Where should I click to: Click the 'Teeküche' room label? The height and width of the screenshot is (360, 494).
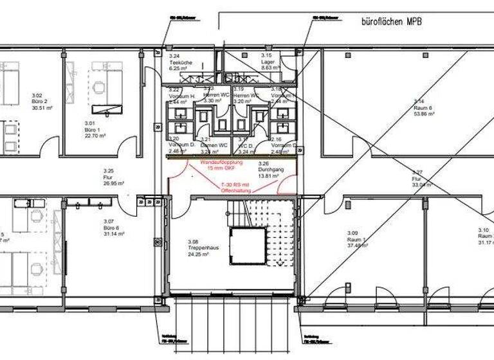pos(178,62)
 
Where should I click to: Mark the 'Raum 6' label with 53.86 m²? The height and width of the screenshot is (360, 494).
pos(423,107)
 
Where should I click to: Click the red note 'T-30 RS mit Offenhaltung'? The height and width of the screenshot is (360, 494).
pos(231,186)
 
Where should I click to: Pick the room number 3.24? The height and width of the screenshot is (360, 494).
pos(175,56)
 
